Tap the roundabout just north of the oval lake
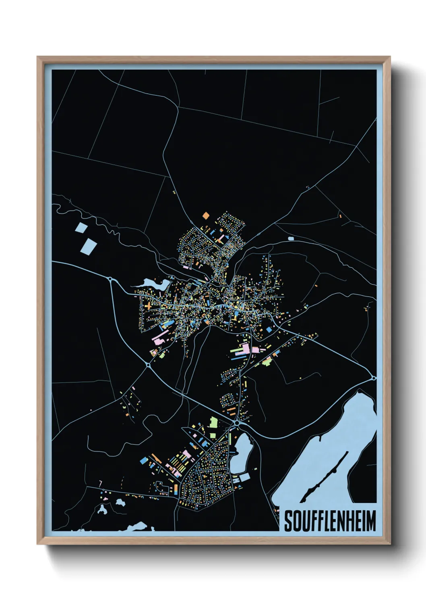(237, 423)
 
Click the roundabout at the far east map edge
(374, 378)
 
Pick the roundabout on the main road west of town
(110, 279)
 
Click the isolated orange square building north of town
(206, 215)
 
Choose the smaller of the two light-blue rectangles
(81, 228)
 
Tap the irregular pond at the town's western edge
(155, 284)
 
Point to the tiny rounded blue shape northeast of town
(291, 238)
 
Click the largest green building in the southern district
(213, 423)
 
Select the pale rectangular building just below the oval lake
(244, 478)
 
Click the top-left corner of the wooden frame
(37, 57)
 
